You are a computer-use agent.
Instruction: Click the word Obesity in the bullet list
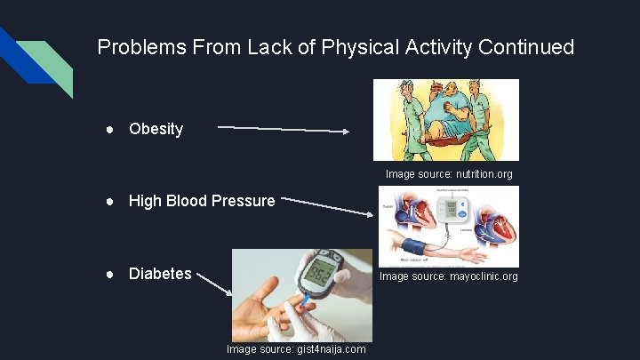pyautogui.click(x=156, y=129)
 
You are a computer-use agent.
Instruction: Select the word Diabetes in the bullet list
pyautogui.click(x=160, y=274)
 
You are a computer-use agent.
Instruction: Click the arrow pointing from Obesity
pyautogui.click(x=284, y=130)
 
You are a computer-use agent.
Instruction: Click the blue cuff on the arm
pyautogui.click(x=414, y=246)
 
